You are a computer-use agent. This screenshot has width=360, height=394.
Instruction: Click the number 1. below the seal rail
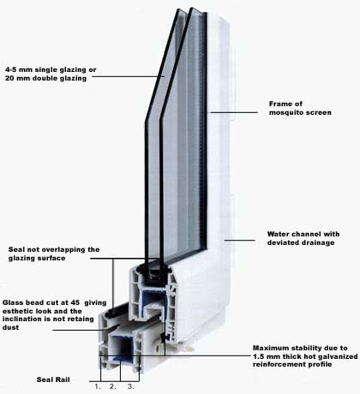98,387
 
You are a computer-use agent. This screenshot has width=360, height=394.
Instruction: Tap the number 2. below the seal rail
113,387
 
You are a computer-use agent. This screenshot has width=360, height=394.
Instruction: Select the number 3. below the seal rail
130,387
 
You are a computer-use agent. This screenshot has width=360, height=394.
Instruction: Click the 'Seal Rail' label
53,379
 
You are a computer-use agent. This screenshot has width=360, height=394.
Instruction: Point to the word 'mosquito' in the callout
286,112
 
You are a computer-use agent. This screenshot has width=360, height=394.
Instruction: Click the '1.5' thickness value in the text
259,356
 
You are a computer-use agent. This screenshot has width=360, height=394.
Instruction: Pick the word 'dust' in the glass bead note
10,327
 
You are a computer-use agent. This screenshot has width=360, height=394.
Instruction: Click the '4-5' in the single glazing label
10,69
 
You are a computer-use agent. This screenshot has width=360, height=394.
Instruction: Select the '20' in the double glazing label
9,78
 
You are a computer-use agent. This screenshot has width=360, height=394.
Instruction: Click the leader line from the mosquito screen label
234,112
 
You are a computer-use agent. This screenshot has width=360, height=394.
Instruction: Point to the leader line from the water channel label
240,241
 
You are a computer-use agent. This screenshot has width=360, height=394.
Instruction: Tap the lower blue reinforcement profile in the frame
122,349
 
